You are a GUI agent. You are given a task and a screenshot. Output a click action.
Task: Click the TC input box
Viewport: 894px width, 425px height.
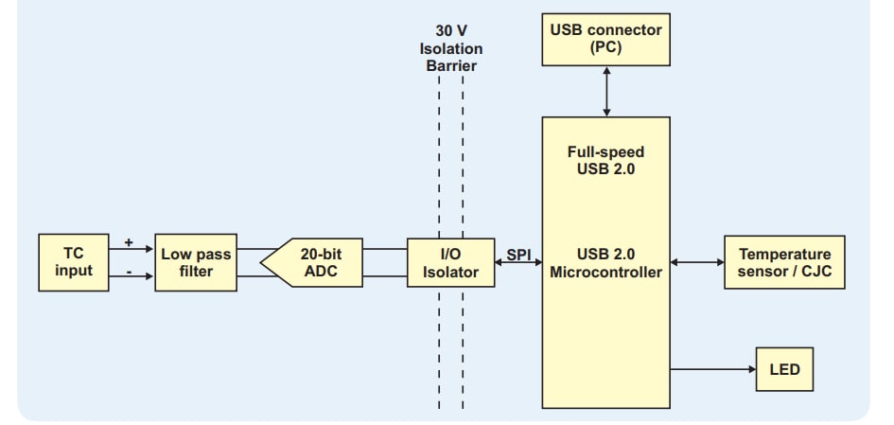74,262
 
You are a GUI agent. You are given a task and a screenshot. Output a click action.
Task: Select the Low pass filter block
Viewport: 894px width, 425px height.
196,262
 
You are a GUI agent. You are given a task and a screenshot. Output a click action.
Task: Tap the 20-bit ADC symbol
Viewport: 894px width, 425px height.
312,263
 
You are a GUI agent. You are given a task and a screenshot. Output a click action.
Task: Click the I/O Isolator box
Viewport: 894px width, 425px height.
450,263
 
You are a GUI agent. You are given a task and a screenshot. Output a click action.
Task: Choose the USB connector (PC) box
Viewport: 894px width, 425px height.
605,39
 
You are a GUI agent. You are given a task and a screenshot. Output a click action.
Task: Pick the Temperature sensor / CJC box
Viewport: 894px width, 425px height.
784,262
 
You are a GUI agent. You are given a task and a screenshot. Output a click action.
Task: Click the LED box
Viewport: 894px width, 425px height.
784,369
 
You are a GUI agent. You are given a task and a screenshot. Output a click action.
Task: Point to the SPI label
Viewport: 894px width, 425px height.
518,254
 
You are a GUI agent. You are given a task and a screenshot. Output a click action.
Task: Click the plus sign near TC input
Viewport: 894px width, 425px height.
129,242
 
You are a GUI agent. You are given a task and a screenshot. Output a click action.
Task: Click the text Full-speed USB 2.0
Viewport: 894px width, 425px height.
605,160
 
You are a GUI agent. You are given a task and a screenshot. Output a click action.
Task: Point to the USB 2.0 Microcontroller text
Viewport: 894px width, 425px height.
605,263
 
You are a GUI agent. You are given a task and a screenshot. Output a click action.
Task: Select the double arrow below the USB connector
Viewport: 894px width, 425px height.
605,91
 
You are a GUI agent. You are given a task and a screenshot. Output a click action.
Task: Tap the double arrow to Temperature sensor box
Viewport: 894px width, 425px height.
696,263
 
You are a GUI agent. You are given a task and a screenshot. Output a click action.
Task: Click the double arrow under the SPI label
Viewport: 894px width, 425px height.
517,265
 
